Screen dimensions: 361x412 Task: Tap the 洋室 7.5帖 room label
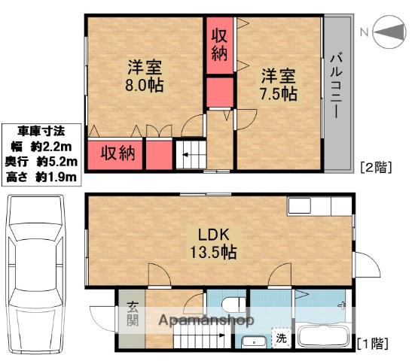click(277, 85)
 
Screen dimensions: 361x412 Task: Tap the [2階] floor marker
click(375, 167)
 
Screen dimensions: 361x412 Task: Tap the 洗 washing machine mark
click(280, 338)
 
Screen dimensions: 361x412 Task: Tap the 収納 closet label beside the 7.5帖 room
click(219, 44)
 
